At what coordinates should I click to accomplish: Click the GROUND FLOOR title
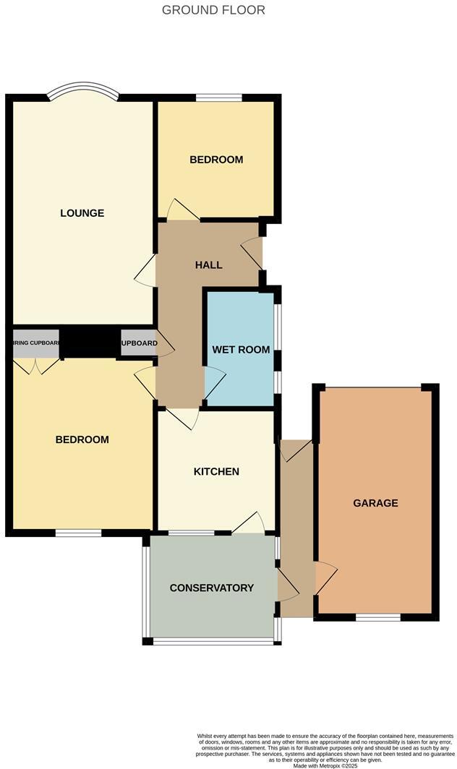(213, 10)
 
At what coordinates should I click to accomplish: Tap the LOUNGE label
(82, 213)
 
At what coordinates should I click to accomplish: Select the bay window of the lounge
(82, 92)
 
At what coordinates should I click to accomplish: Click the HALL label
(208, 265)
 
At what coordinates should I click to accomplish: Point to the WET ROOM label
(241, 350)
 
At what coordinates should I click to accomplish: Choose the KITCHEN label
(216, 472)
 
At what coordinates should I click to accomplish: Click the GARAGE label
(375, 503)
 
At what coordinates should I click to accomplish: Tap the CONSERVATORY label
(211, 588)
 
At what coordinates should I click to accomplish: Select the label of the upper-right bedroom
(216, 160)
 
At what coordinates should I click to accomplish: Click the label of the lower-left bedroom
(82, 439)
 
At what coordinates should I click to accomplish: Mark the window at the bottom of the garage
(377, 617)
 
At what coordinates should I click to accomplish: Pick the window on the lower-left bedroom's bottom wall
(79, 533)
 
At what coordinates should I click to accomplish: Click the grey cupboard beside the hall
(138, 344)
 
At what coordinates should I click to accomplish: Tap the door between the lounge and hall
(145, 272)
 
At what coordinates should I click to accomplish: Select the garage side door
(326, 579)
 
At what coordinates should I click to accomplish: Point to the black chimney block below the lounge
(89, 341)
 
